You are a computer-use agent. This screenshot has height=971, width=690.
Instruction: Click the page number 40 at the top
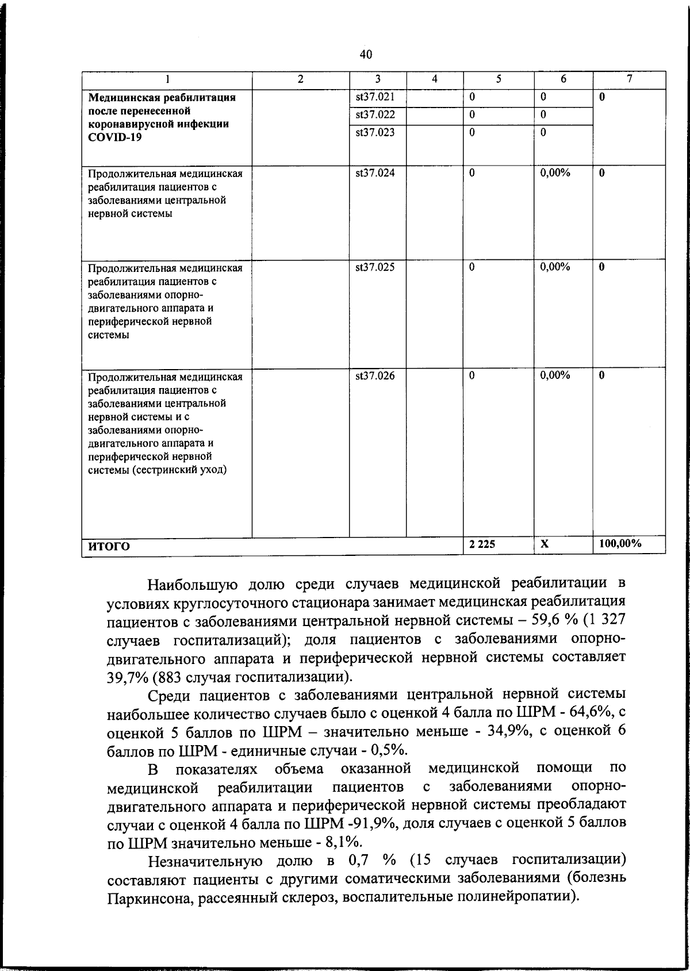[366, 55]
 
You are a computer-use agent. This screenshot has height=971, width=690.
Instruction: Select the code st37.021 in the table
[375, 97]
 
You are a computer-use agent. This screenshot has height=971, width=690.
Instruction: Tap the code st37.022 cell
[375, 114]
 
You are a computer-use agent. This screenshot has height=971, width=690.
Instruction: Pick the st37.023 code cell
[375, 132]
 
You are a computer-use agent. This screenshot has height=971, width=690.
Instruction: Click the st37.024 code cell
[375, 173]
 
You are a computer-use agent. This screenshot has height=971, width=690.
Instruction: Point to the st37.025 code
[375, 267]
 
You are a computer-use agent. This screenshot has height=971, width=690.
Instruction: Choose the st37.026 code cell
[375, 376]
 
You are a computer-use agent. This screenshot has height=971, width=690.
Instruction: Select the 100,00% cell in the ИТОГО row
[620, 544]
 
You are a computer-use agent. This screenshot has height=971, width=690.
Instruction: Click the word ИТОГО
[109, 546]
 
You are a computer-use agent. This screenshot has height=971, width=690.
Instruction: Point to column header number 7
[630, 79]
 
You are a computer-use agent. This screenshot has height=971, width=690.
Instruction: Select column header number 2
[300, 79]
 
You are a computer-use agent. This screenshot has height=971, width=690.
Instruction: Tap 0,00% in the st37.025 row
[555, 267]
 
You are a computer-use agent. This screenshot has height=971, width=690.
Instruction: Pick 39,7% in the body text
[125, 677]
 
